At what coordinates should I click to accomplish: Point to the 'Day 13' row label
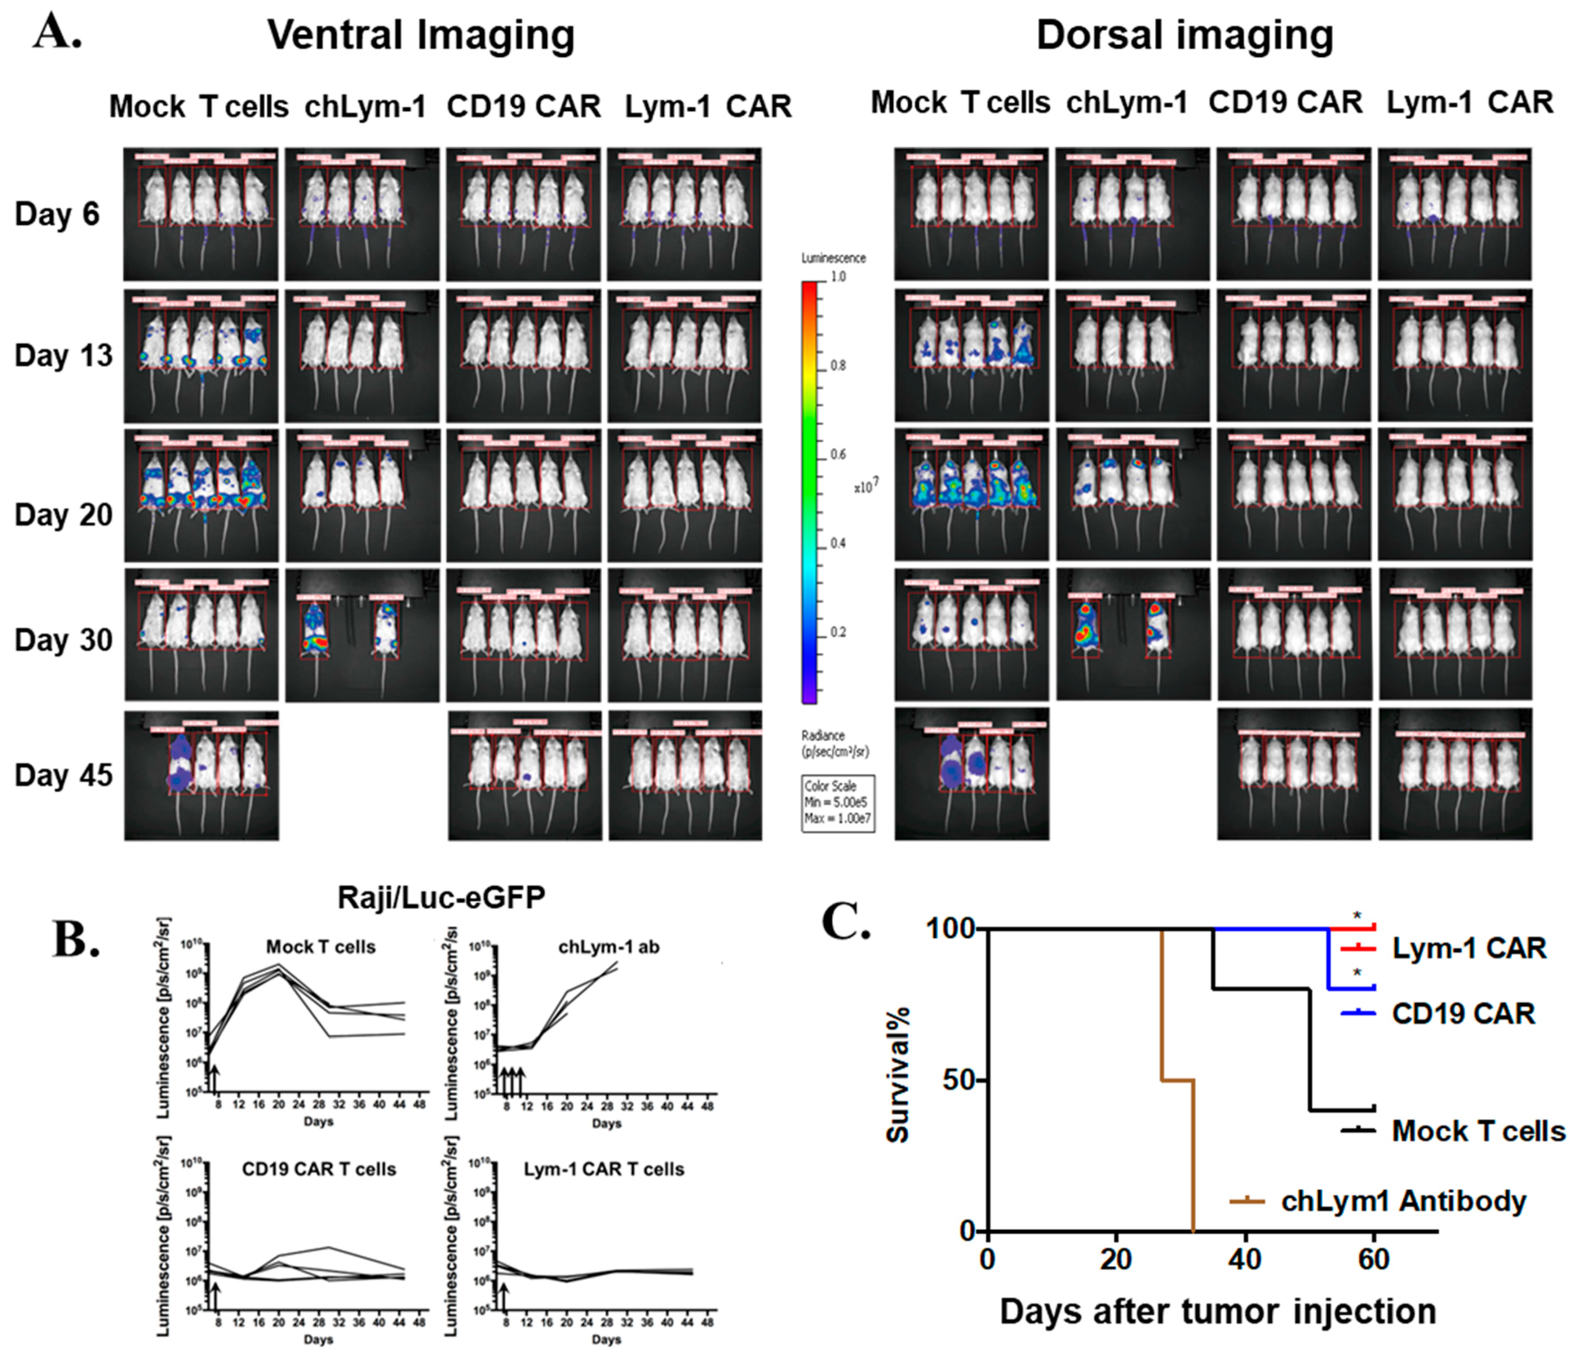pos(63,356)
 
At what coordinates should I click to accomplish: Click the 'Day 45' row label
pos(63,775)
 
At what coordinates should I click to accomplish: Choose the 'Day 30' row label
pos(63,639)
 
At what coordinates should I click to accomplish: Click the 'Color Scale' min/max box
pos(837,803)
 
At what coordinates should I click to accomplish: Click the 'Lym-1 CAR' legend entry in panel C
pos(1468,949)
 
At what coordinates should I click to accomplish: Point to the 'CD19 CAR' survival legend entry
pos(1463,1014)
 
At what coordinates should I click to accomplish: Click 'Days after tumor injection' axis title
pos(1218,1311)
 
